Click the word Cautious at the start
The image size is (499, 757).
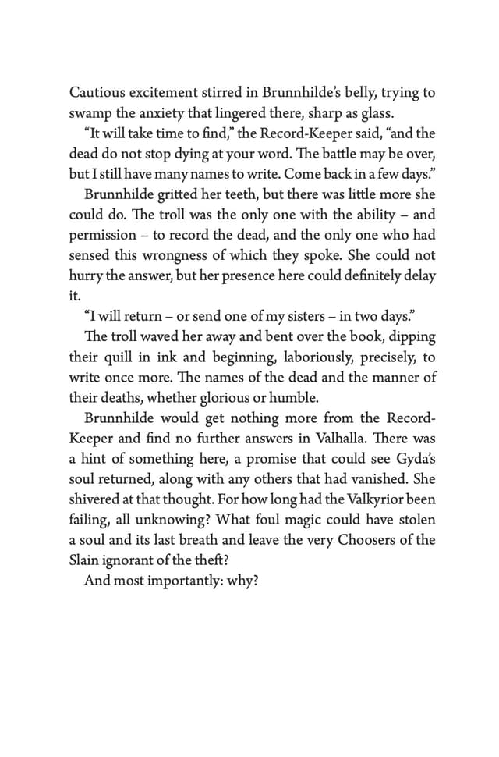coord(96,93)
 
